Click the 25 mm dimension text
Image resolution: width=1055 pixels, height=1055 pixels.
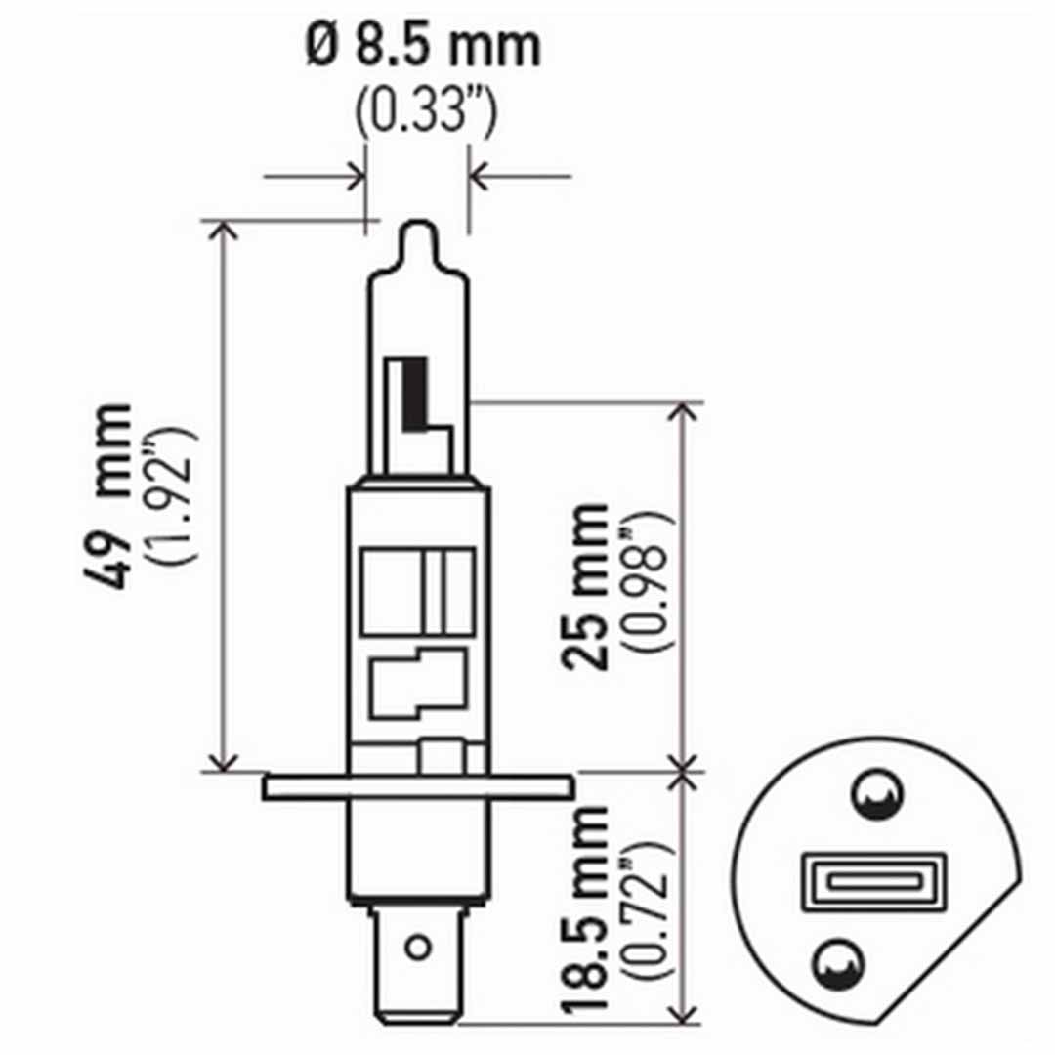[584, 586]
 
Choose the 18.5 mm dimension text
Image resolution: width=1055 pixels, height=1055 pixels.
[584, 908]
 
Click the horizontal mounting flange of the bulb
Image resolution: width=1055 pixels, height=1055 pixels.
[417, 786]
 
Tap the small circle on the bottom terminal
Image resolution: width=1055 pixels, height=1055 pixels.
[417, 947]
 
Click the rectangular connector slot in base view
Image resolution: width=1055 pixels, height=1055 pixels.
[874, 881]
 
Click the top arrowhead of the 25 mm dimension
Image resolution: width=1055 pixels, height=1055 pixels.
[687, 411]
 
